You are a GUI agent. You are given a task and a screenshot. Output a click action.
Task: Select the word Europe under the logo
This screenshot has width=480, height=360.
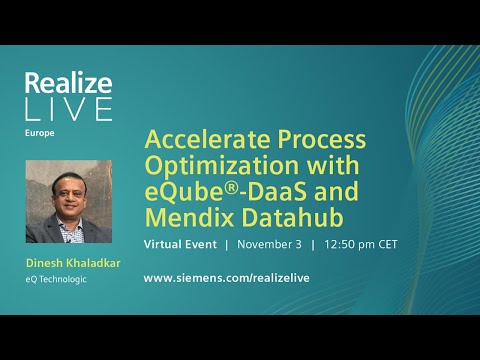[x=39, y=131]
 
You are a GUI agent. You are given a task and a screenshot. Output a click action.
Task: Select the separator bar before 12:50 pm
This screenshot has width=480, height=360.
[x=313, y=244]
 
